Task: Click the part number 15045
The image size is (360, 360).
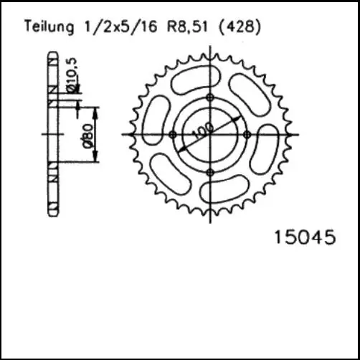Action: pyautogui.click(x=305, y=237)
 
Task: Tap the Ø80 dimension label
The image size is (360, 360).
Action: pyautogui.click(x=86, y=136)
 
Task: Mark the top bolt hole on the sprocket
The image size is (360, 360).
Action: pyautogui.click(x=209, y=97)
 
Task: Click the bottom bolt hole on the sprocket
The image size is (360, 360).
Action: pyautogui.click(x=209, y=172)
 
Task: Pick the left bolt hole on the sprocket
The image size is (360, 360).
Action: pyautogui.click(x=172, y=134)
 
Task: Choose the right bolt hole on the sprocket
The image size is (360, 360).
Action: pyautogui.click(x=247, y=134)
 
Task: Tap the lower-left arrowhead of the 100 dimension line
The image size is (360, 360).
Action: pyautogui.click(x=184, y=148)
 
